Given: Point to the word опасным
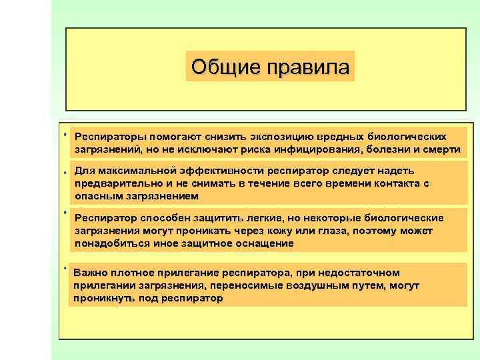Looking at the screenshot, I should point(98,195).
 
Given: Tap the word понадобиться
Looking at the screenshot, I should point(110,243).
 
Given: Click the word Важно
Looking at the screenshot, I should point(90,273).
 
